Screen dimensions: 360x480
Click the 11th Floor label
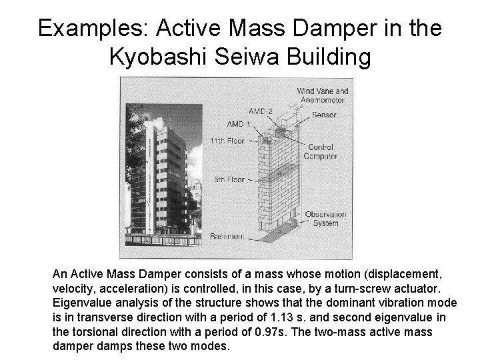[227, 141]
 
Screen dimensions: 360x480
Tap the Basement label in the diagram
[227, 237]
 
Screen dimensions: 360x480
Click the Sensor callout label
[324, 115]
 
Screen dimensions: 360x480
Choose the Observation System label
[325, 219]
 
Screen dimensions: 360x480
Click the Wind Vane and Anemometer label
[322, 95]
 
